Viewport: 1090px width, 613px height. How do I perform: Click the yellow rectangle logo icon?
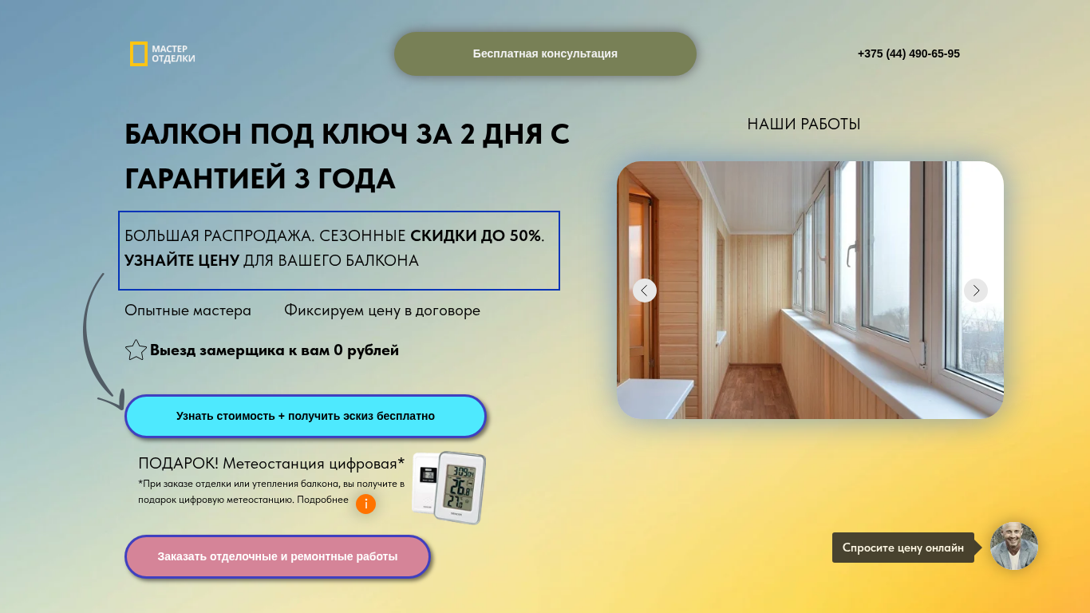(x=139, y=53)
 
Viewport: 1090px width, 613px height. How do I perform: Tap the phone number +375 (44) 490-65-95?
(x=909, y=53)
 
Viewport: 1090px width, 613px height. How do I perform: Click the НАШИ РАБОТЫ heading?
(x=804, y=125)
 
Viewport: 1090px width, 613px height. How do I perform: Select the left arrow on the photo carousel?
(x=645, y=291)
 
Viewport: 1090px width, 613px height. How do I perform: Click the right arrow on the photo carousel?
(x=976, y=291)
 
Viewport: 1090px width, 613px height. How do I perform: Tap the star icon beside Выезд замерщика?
(x=136, y=350)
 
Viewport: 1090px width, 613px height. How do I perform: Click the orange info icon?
(x=366, y=504)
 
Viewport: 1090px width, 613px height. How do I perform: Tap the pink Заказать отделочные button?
(x=278, y=556)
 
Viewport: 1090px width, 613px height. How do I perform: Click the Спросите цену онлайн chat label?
(x=903, y=548)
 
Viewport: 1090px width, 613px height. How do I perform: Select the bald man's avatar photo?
(x=1014, y=546)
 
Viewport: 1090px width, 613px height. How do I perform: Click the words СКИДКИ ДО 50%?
(x=476, y=235)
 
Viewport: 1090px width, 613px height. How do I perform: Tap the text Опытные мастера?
(x=188, y=310)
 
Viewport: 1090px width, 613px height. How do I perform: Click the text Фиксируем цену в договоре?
(x=382, y=310)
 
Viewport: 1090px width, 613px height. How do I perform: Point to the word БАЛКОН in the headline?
(x=183, y=134)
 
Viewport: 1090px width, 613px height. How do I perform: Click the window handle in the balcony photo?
(x=851, y=254)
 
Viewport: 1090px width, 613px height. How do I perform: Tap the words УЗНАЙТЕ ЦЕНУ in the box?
(x=182, y=260)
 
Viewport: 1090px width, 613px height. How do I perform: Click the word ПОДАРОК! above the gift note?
(x=178, y=464)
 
